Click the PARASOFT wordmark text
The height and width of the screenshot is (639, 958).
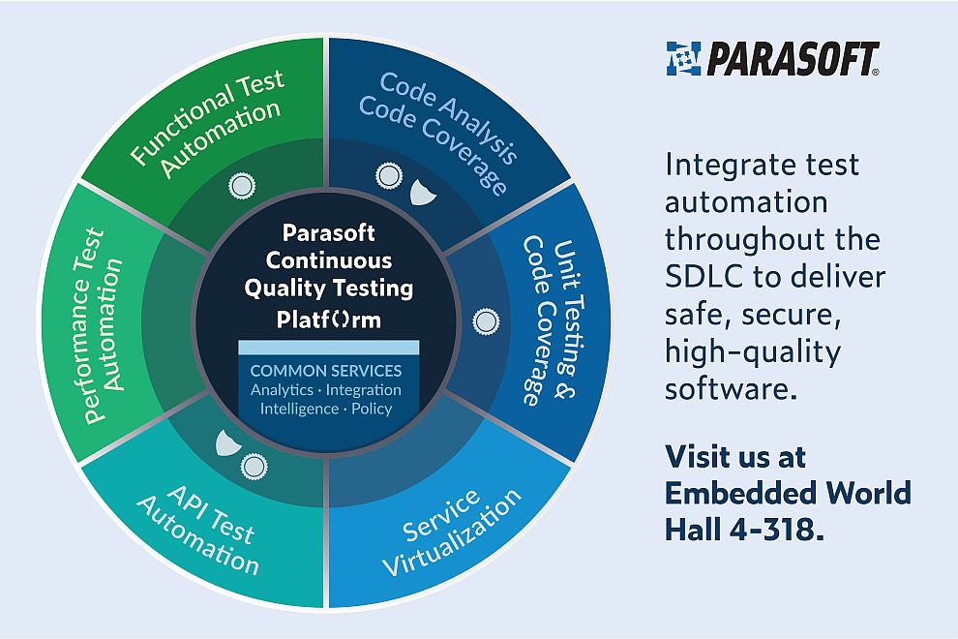pyautogui.click(x=793, y=58)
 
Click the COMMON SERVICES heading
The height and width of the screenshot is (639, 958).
pyautogui.click(x=326, y=371)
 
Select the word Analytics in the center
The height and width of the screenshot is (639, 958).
pyautogui.click(x=282, y=390)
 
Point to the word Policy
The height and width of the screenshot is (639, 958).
pyautogui.click(x=373, y=409)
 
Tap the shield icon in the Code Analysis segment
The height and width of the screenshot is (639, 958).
pyautogui.click(x=423, y=191)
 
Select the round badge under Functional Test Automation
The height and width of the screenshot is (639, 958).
pyautogui.click(x=238, y=186)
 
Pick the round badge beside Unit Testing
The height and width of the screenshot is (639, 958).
pyautogui.click(x=485, y=319)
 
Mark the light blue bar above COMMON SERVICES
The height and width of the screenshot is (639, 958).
pyautogui.click(x=328, y=347)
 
